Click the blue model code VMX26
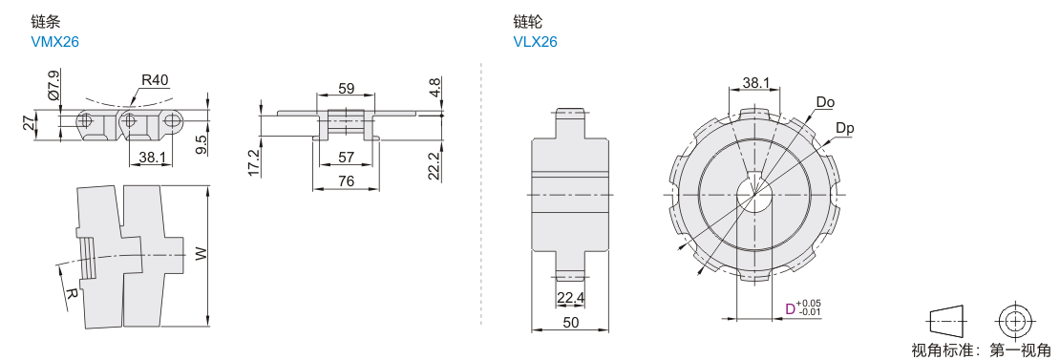coord(54,42)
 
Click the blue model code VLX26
coord(535,42)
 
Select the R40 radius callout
coord(155,80)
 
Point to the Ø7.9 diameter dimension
coord(55,83)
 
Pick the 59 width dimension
coord(346,89)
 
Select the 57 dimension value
coord(346,158)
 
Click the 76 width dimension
coord(346,181)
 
